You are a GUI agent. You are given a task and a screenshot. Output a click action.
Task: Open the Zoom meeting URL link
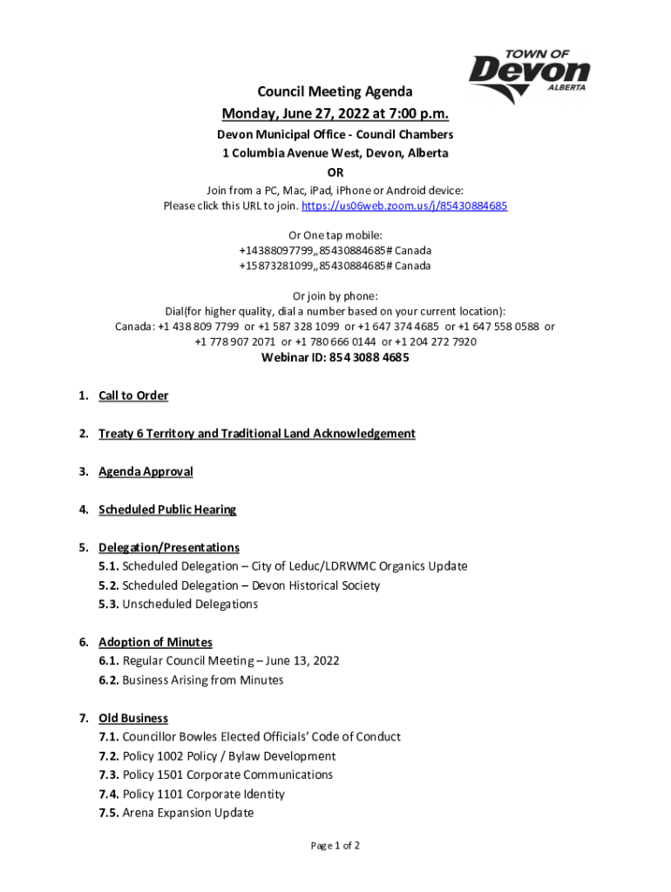click(x=404, y=206)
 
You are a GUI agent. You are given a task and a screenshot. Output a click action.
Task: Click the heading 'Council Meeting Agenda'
click(x=335, y=92)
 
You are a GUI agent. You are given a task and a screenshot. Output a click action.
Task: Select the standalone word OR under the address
click(x=335, y=172)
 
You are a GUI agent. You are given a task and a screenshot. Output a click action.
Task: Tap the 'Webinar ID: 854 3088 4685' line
click(x=335, y=358)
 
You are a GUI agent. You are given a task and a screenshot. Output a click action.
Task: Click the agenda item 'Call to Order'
click(x=133, y=396)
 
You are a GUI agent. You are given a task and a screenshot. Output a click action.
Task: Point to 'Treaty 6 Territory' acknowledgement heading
click(x=256, y=434)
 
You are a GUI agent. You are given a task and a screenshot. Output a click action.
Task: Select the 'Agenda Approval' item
click(x=146, y=472)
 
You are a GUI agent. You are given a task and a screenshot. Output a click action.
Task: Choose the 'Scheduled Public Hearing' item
click(x=167, y=510)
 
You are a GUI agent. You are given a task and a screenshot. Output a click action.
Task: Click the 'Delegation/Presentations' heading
click(x=169, y=548)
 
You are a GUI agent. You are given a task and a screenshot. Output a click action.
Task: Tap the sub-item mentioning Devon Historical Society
click(x=251, y=585)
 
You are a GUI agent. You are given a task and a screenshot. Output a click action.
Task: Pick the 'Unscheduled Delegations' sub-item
click(x=190, y=605)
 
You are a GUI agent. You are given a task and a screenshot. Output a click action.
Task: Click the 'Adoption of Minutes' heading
click(x=155, y=643)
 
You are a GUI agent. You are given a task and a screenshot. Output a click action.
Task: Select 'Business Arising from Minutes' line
click(x=202, y=680)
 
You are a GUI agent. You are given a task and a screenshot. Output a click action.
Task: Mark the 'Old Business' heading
click(x=133, y=719)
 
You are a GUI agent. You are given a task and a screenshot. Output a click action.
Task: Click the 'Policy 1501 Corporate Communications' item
click(x=227, y=775)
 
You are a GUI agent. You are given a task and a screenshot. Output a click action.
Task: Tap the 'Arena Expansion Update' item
click(x=188, y=814)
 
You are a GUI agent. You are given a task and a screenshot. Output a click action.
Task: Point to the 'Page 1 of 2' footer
click(x=335, y=846)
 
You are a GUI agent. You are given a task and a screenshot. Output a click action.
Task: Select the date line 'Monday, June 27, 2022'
click(x=335, y=114)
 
